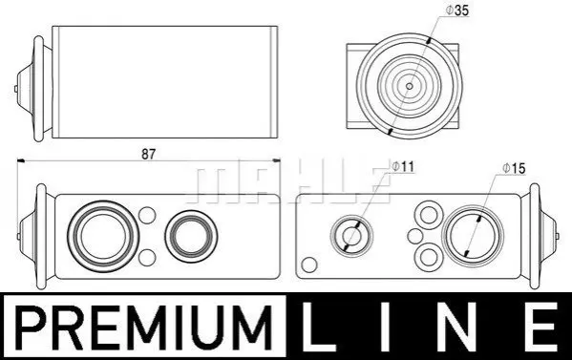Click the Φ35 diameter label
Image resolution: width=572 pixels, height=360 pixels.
click(x=456, y=11)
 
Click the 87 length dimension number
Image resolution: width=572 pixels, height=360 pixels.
click(x=148, y=155)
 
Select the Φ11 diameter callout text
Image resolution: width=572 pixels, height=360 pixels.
click(x=403, y=167)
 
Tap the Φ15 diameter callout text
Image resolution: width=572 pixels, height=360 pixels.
click(x=514, y=168)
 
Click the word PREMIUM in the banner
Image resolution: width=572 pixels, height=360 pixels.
click(x=145, y=328)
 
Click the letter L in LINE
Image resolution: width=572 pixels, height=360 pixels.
click(x=318, y=328)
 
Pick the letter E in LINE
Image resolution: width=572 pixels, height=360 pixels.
click(x=542, y=328)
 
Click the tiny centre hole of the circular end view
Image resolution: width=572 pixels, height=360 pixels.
click(x=410, y=86)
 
